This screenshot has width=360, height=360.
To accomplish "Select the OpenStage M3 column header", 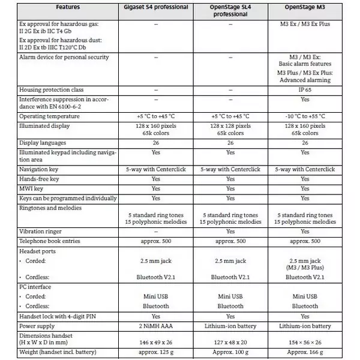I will tap(305, 8).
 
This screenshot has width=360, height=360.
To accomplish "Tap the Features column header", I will tap(68, 8).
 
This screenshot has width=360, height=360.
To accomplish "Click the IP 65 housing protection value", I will tap(305, 90).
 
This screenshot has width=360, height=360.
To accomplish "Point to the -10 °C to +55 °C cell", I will tap(305, 116).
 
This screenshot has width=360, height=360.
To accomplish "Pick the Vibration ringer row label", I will tap(41, 232).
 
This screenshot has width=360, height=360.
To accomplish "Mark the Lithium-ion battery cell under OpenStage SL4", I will tap(230, 326).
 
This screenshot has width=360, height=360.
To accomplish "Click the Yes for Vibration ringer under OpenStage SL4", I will tap(230, 232).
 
